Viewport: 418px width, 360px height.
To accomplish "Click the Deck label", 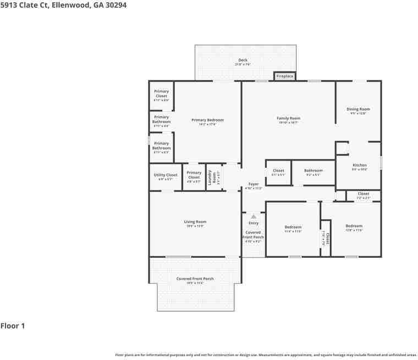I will (x=243, y=60).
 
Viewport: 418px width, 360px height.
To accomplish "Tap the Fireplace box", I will (x=285, y=76).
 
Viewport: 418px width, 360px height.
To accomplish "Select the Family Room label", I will (x=288, y=118).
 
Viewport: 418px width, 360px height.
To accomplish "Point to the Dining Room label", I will (x=358, y=109).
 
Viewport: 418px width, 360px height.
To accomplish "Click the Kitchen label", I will (x=359, y=165).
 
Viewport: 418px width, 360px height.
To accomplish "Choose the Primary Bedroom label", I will (x=207, y=120).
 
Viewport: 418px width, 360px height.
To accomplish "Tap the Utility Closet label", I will (x=166, y=175).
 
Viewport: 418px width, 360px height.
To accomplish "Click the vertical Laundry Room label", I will (x=210, y=176).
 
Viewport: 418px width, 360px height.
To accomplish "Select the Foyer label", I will (x=254, y=184).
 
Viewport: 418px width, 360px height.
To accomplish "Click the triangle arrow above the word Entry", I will (x=254, y=217).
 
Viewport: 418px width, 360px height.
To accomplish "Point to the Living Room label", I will (x=195, y=222).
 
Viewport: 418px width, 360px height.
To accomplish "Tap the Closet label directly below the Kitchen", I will (x=364, y=193).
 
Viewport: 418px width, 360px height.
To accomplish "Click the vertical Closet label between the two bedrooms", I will (x=327, y=239).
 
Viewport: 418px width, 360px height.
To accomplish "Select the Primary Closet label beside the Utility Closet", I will (x=194, y=175).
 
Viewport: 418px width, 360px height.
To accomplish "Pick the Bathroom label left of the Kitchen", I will (x=313, y=170).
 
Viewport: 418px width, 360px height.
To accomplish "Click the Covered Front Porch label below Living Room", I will (x=195, y=279).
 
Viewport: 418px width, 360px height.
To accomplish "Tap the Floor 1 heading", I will (x=13, y=326).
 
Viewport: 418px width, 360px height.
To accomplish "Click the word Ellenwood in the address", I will (x=69, y=4).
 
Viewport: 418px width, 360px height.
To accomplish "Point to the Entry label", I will (x=254, y=223).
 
